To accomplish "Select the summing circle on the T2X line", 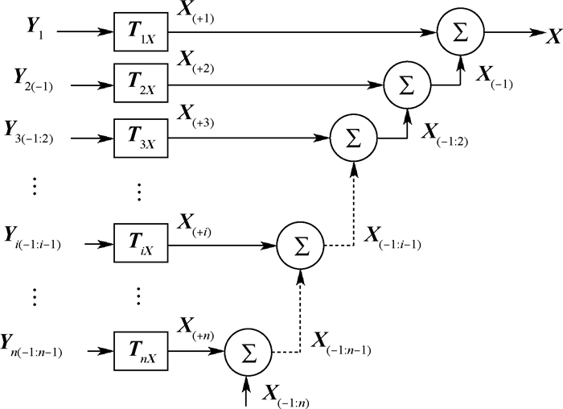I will click(x=406, y=84).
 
